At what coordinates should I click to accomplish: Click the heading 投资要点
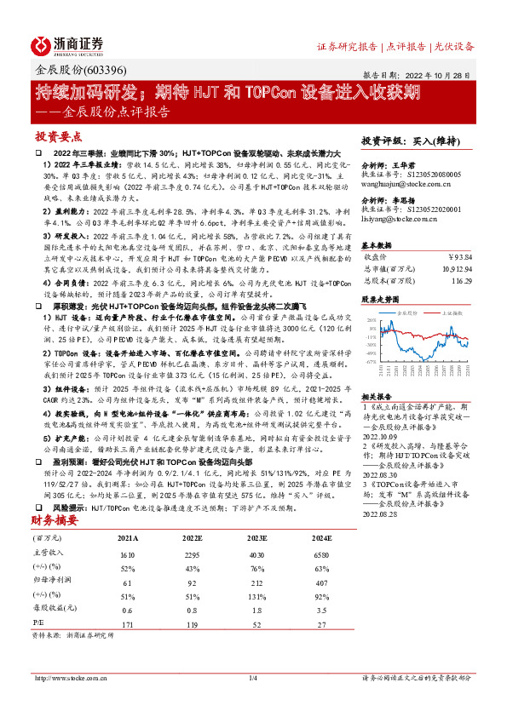point(57,136)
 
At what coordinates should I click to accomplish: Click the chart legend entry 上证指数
point(449,313)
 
